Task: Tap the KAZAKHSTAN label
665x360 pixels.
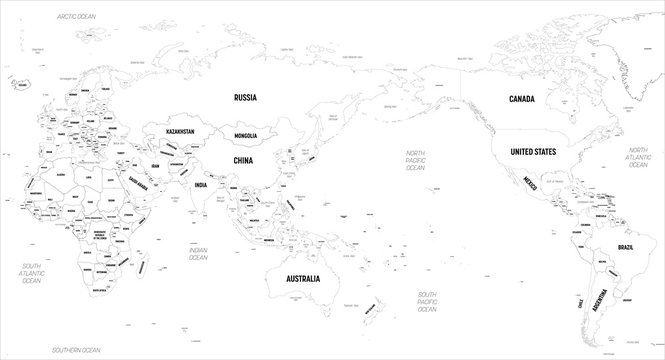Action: (x=173, y=130)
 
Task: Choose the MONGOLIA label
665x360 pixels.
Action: (x=239, y=135)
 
